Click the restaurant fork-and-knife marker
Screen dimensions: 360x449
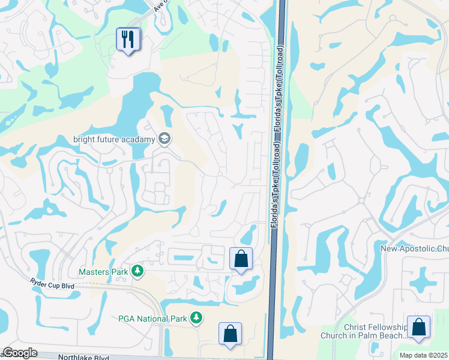click(128, 40)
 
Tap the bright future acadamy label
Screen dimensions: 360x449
click(114, 140)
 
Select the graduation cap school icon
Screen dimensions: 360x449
click(164, 140)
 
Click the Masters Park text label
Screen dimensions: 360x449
click(103, 272)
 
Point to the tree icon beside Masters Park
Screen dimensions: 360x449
click(137, 272)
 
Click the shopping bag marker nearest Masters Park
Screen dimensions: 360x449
click(241, 259)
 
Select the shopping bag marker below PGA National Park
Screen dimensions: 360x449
click(230, 334)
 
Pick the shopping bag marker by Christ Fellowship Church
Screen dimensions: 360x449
click(418, 328)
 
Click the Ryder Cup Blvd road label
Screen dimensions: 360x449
click(55, 283)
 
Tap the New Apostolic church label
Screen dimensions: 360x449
click(415, 248)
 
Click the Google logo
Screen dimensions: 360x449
click(20, 353)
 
